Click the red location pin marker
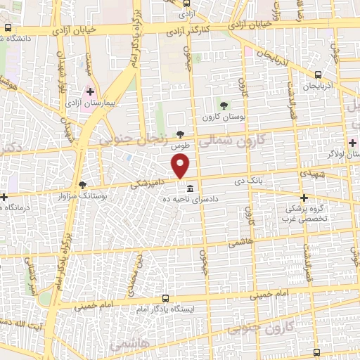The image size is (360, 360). [x=181, y=166]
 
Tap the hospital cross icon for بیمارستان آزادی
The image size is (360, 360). [x=90, y=91]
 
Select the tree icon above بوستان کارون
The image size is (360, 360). [x=224, y=105]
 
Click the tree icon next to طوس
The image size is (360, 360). [x=181, y=134]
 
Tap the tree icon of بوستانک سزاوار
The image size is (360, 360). [x=83, y=184]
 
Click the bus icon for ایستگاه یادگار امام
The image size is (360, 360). [x=165, y=298]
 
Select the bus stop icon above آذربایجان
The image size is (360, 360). [x=318, y=75]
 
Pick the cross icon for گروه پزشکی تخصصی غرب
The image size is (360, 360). [x=304, y=198]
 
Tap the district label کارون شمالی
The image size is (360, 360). [x=229, y=139]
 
